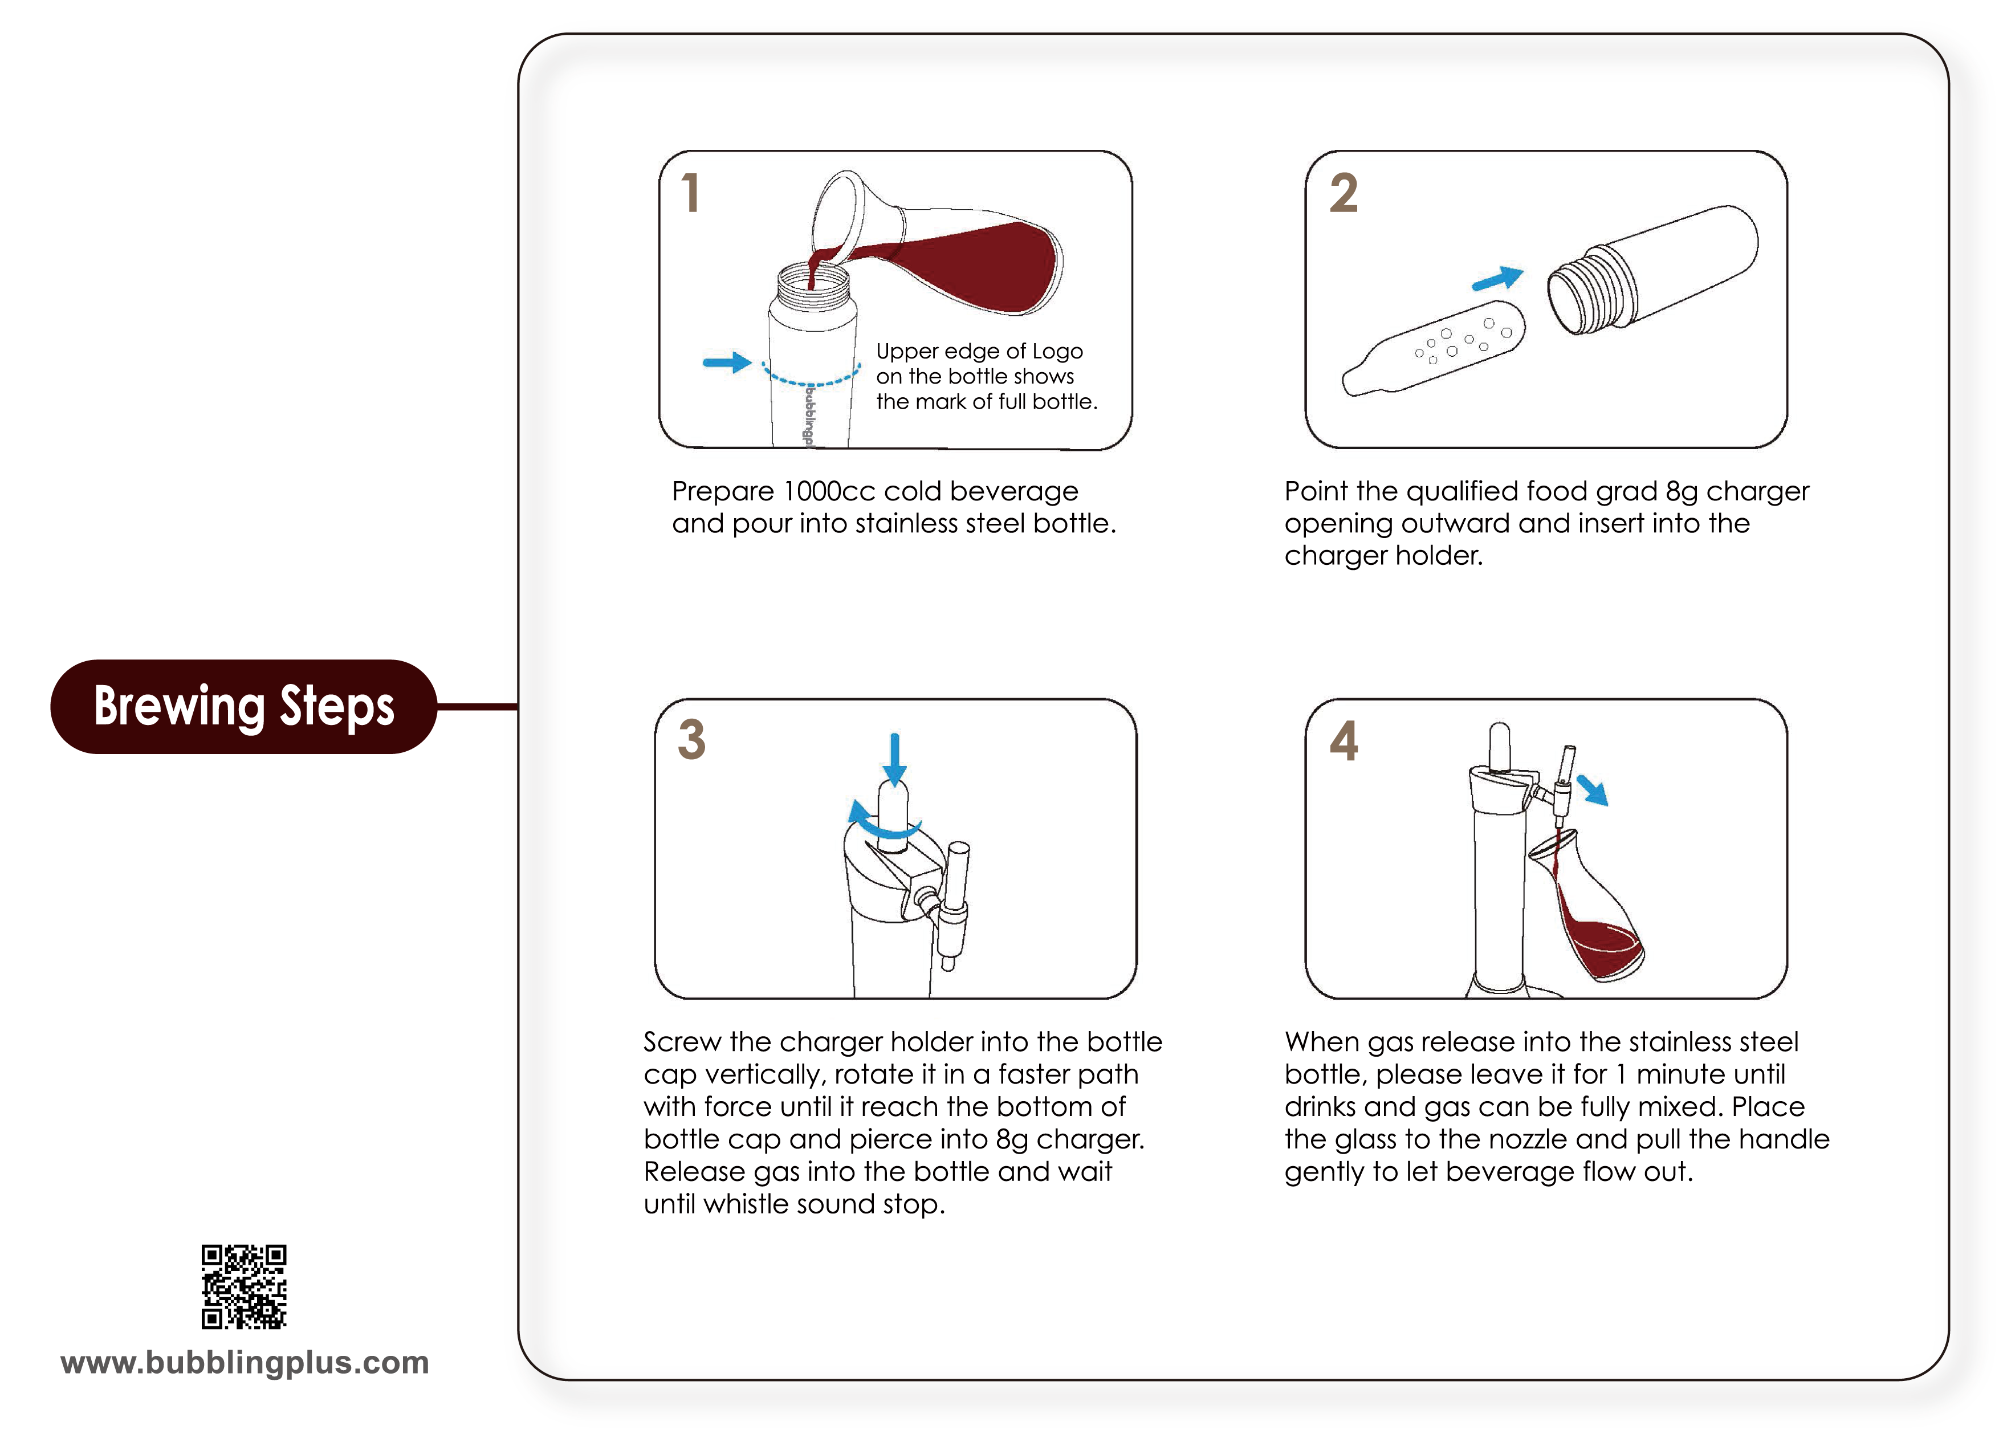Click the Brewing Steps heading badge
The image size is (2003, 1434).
244,706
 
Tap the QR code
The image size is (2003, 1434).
244,1286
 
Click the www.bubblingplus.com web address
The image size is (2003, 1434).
245,1363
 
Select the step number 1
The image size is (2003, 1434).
691,193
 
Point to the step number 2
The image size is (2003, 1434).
1344,193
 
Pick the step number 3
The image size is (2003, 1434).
691,740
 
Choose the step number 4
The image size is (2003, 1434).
1344,740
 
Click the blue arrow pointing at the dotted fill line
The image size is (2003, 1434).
727,362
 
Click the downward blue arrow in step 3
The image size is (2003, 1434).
895,759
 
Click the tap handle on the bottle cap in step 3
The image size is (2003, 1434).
955,901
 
